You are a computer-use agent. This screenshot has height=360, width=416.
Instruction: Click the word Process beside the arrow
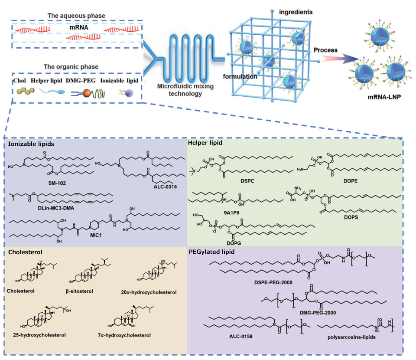(325, 50)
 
